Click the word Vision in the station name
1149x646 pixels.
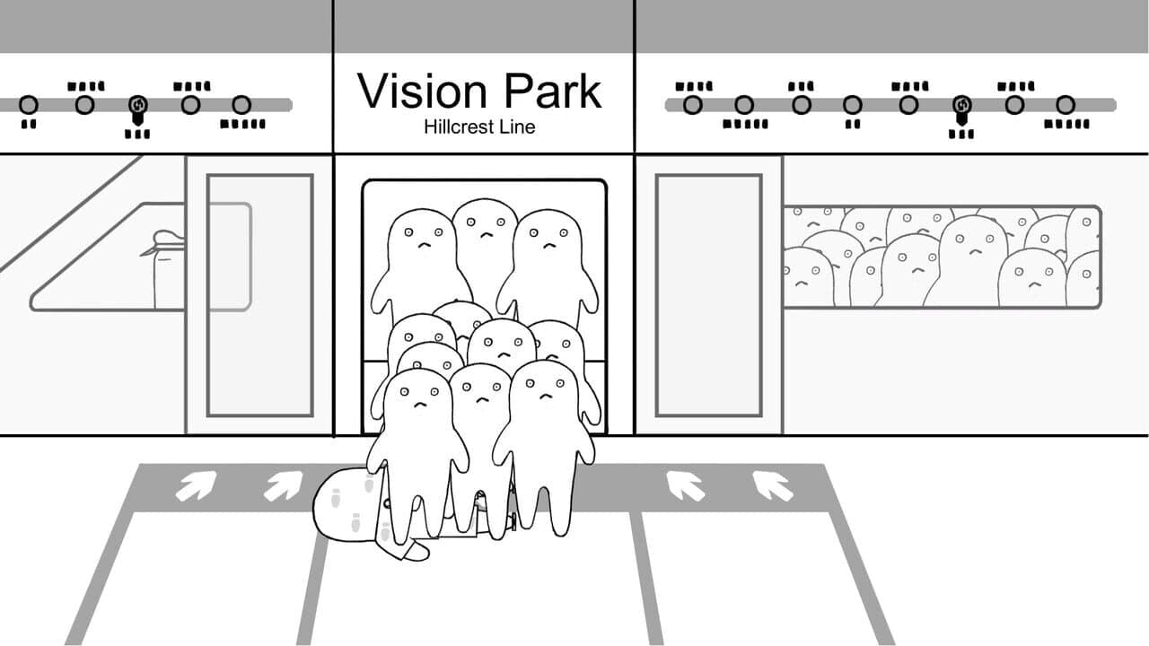click(422, 91)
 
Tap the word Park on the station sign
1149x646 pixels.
click(552, 91)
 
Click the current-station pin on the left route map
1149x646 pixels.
click(138, 109)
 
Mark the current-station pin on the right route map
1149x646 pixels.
click(961, 109)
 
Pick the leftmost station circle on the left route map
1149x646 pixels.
click(29, 105)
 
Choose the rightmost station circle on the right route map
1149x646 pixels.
click(1066, 105)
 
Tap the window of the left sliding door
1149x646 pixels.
click(260, 295)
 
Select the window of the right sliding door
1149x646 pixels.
click(709, 295)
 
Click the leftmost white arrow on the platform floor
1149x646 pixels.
click(196, 486)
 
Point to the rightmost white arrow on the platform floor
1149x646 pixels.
click(773, 486)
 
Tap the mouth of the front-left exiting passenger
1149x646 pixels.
click(421, 404)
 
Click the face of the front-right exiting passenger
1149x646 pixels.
click(545, 388)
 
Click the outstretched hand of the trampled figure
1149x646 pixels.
click(417, 551)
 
